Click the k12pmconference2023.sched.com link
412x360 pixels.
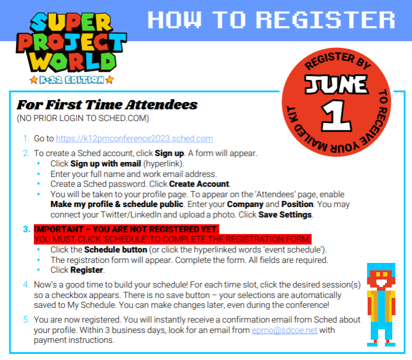pyautogui.click(x=134, y=139)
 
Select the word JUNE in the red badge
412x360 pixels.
pyautogui.click(x=336, y=84)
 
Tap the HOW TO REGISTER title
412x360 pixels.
pyautogui.click(x=271, y=20)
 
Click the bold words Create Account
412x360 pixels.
pyautogui.click(x=199, y=184)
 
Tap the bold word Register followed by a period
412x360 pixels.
pyautogui.click(x=87, y=270)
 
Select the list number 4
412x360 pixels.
pyautogui.click(x=26, y=284)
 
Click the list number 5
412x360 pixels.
pyautogui.click(x=26, y=319)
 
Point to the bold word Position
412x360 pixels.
pyautogui.click(x=297, y=204)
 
